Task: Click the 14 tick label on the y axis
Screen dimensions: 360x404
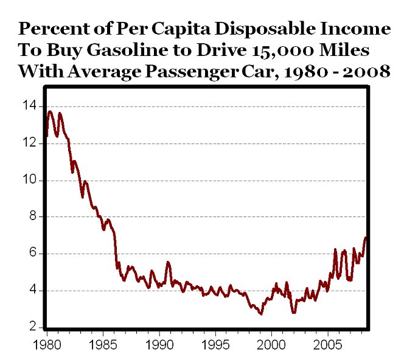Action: tap(28, 106)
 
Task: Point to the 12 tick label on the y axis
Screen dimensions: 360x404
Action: tap(28, 144)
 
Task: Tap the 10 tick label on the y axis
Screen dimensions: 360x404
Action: tap(28, 181)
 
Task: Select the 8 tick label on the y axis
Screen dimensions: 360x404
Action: tap(31, 217)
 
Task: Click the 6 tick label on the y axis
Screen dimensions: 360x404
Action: tap(31, 254)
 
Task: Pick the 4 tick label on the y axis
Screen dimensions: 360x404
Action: tap(31, 291)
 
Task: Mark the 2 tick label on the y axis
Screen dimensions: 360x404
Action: tap(31, 327)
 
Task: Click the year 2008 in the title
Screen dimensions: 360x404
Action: tap(367, 71)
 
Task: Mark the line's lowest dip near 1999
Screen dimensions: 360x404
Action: tap(261, 314)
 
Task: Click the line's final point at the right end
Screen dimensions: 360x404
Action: tap(366, 238)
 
